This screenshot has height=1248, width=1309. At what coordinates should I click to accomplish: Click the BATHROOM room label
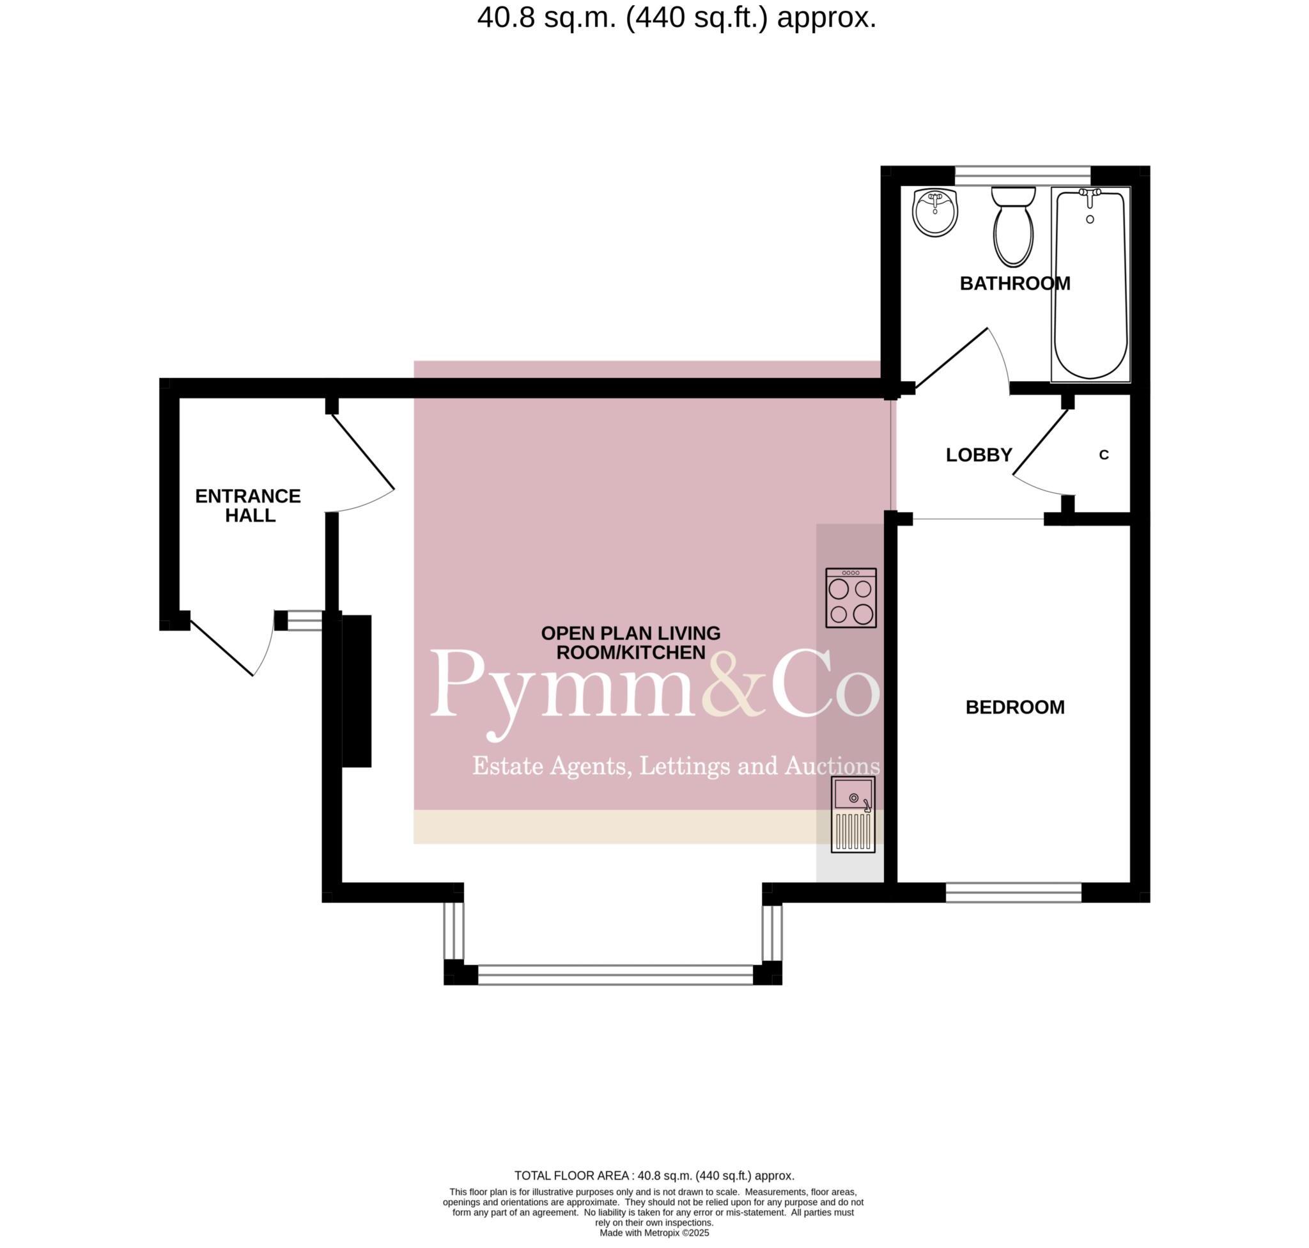click(1014, 283)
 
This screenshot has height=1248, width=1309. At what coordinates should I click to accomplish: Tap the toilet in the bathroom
click(1013, 230)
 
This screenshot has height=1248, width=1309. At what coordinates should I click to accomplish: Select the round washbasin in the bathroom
click(934, 212)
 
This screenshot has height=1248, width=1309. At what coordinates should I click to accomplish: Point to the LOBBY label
click(979, 455)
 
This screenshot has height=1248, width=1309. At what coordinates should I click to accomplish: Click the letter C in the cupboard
click(1104, 455)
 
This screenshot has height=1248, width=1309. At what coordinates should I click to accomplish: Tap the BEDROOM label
click(1014, 707)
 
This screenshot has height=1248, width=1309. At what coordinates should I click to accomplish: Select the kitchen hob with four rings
click(851, 598)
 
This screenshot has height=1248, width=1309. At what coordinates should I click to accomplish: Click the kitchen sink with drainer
click(853, 815)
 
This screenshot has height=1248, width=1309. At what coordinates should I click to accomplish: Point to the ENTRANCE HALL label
click(248, 506)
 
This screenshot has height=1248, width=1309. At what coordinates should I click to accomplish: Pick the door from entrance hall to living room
click(362, 453)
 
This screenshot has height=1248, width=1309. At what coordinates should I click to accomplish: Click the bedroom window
click(1013, 892)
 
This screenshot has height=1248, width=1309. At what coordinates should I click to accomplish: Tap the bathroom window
click(1022, 175)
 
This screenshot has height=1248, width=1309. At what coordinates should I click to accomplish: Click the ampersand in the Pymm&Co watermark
click(735, 685)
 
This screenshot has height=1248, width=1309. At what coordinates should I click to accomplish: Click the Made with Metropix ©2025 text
click(654, 1233)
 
